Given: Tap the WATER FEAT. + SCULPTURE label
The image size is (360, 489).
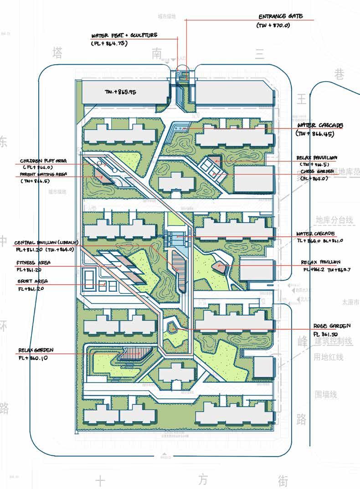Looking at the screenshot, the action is click(124, 35).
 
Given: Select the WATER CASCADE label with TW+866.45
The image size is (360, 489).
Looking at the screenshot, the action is click(320, 125).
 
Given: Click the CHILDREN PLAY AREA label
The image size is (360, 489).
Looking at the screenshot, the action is click(43, 161).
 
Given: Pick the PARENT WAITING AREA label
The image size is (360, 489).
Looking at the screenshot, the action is click(43, 174).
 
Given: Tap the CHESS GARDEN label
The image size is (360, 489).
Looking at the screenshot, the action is click(317, 171).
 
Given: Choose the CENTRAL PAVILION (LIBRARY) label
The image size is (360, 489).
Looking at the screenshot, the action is click(46, 242).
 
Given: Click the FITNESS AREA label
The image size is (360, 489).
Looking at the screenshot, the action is click(33, 263).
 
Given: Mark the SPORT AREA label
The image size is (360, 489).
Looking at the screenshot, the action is click(32, 281).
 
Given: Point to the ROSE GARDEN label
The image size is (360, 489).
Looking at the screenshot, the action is click(332, 326).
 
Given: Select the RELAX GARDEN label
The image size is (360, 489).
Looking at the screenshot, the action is click(36, 350).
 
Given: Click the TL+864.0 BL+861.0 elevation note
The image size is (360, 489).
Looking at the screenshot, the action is click(319, 241).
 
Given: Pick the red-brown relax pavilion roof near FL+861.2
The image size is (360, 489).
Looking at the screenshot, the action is click(220, 265).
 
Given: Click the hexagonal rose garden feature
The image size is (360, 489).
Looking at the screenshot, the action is click(173, 327).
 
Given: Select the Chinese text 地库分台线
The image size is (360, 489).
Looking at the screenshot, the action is click(334, 220).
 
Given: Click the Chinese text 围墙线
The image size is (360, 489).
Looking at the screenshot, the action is click(326, 394).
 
